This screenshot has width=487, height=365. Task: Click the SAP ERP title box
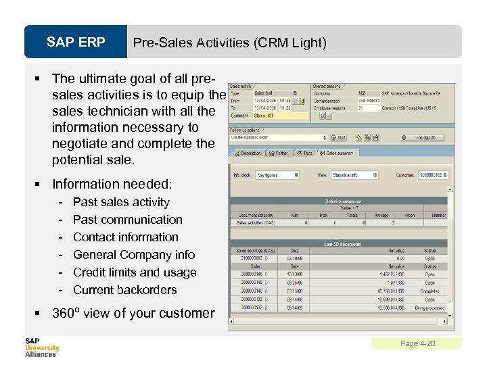coord(76,43)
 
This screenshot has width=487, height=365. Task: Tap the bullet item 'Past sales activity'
coord(121,202)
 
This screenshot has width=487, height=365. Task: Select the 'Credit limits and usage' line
coord(135,272)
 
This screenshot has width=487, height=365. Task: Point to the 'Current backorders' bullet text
coord(124,290)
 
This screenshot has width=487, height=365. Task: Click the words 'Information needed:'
coord(112,184)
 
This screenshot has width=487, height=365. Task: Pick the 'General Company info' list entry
coord(133,255)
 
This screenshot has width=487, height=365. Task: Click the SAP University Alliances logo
coord(42,347)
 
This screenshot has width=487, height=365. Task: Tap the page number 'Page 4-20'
coord(417,344)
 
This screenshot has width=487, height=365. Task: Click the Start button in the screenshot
coord(338,137)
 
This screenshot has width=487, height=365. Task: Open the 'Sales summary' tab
coord(341,153)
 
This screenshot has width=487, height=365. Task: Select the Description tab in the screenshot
coord(248,153)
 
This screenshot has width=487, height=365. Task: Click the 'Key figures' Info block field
coord(277,174)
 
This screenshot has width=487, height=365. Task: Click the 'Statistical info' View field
coord(354,174)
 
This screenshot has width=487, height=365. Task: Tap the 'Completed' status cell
coord(430,291)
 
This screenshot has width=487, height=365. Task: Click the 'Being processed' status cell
coord(430,308)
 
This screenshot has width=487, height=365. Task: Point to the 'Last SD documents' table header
coord(342,243)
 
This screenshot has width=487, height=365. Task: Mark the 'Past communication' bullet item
coord(127,220)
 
